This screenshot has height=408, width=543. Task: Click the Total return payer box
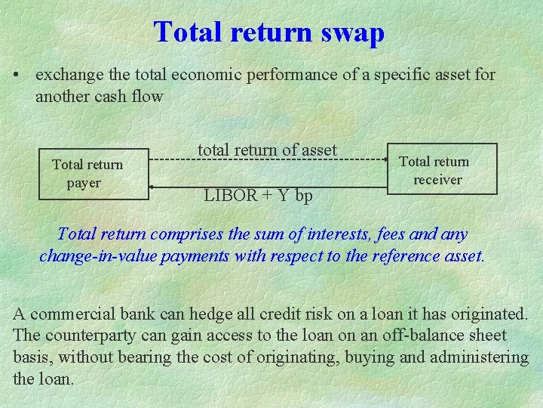[x=94, y=174]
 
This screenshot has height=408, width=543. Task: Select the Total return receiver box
[x=442, y=169]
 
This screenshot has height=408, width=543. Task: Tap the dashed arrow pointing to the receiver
[x=268, y=160]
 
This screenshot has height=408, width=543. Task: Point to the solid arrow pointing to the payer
[x=268, y=185]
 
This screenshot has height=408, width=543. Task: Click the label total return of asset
[x=267, y=150]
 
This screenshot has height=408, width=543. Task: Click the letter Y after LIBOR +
[x=283, y=195]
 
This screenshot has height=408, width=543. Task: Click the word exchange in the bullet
[x=65, y=76]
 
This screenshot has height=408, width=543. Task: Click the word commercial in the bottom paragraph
[x=73, y=314]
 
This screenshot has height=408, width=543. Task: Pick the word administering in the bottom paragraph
[x=480, y=357]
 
